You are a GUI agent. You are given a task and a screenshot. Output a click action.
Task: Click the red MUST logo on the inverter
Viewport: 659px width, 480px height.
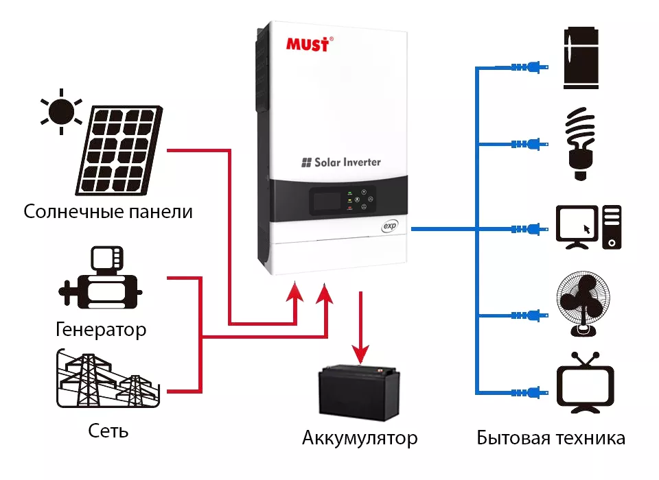point(309,45)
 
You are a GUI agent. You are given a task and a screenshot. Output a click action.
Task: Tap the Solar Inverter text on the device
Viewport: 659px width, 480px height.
point(340,163)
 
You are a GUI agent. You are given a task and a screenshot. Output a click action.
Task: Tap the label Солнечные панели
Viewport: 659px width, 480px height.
point(108,211)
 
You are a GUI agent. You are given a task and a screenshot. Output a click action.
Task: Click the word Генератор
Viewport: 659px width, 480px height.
point(101,330)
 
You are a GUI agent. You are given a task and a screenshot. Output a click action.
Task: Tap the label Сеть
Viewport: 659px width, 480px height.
point(108,431)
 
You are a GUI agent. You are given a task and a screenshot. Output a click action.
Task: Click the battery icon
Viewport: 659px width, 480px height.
point(358,392)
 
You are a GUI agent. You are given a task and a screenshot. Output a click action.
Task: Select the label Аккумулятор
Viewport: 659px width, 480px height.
point(360,437)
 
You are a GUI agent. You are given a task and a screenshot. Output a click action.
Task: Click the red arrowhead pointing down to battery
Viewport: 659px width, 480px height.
point(360,354)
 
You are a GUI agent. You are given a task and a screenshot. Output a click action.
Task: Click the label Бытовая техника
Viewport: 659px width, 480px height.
point(551,438)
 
